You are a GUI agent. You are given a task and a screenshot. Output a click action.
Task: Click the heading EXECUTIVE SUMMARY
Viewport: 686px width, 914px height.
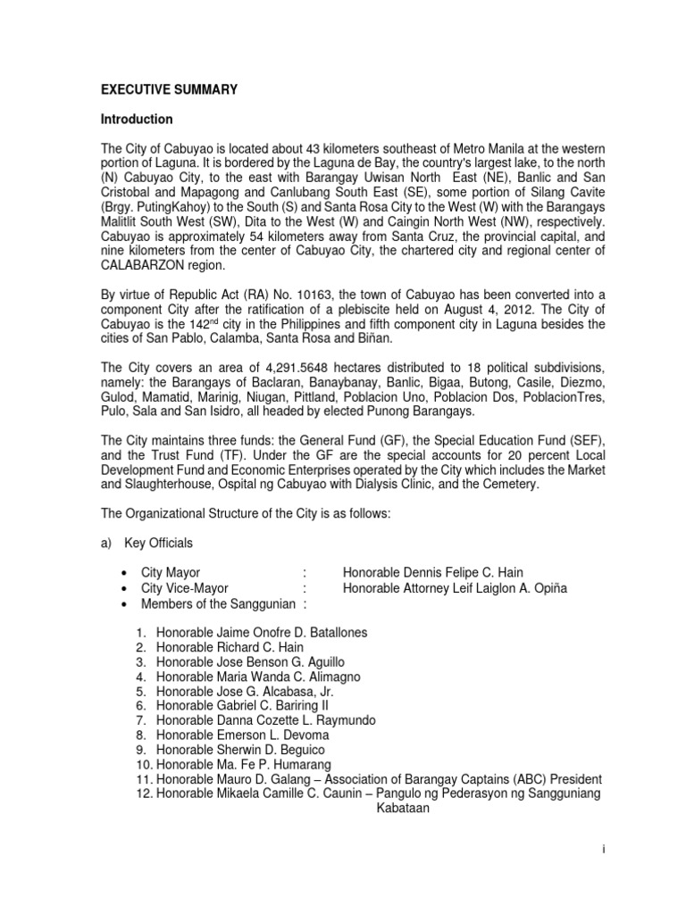pos(169,89)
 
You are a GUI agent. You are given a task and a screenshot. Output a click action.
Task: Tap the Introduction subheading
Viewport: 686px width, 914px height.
pos(137,120)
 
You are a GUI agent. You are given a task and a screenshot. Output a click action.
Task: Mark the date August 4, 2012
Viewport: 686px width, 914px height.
pos(489,308)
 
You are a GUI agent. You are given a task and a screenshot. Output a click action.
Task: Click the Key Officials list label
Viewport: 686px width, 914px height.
pos(165,543)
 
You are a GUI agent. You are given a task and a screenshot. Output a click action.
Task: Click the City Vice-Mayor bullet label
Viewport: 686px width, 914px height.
pos(185,588)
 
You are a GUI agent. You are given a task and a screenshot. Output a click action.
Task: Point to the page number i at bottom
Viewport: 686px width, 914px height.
pos(604,850)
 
